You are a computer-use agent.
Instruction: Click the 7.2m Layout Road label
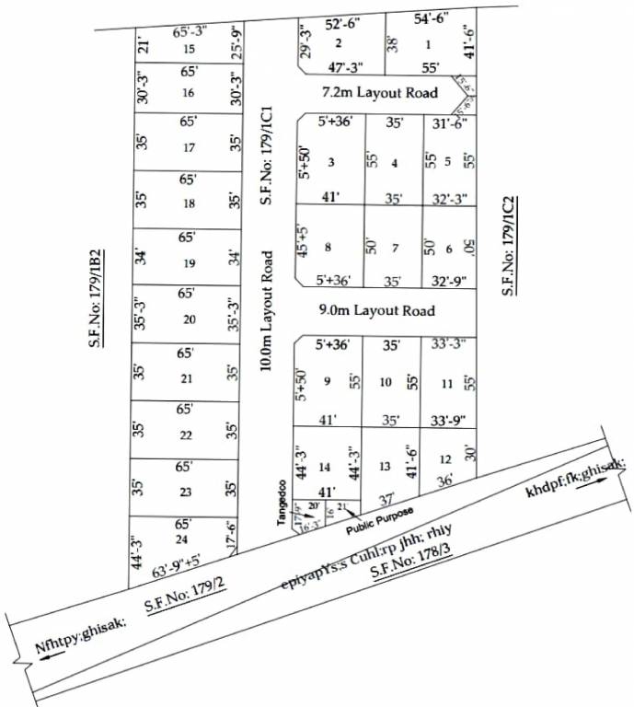pos(377,94)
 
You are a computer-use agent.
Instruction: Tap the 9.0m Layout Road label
pos(377,311)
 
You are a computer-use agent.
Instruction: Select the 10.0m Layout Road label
pos(267,311)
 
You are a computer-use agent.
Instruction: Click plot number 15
pos(190,49)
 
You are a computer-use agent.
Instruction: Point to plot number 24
pos(181,539)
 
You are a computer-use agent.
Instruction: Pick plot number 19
pos(190,263)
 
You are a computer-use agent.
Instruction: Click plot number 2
pos(339,43)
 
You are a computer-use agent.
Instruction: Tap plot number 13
pos(386,467)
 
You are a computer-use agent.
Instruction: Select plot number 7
pos(394,248)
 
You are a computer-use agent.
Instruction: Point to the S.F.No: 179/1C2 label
pos(508,245)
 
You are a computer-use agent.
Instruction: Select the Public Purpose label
pos(380,521)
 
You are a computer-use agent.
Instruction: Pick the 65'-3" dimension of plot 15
pos(190,32)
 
